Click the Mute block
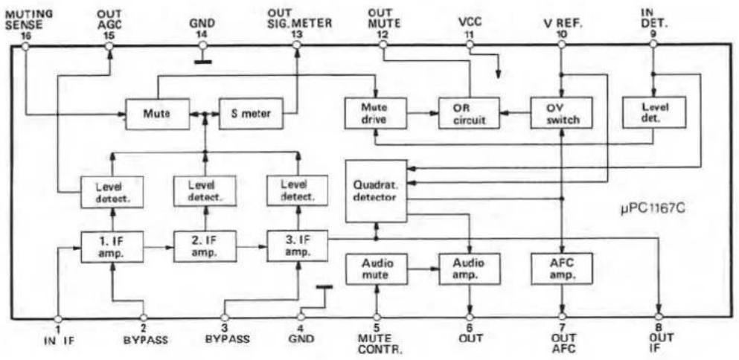pos(157,113)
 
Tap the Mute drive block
pos(375,113)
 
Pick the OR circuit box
pos(468,113)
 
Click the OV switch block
pos(561,113)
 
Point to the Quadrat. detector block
pos(376,191)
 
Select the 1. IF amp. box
pos(112,246)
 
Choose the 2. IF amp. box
pos(205,246)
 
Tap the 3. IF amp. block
pos(298,246)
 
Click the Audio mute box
pos(376,269)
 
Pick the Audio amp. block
pos(469,269)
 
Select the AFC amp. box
pos(561,269)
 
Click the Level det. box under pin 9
pos(653,112)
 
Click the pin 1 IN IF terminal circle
pos(58,318)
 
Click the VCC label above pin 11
pos(469,22)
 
